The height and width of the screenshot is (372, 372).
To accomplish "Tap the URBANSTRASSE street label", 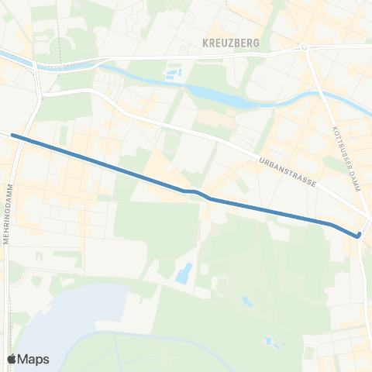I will click(287, 171).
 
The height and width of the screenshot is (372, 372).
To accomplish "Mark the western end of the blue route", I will click(13, 136).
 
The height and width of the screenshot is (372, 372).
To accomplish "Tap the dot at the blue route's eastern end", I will click(359, 235).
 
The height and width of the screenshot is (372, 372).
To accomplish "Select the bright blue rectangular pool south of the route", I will click(184, 273).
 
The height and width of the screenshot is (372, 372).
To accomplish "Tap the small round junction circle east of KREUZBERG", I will click(305, 47).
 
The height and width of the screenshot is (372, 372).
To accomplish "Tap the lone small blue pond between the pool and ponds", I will click(246, 301).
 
